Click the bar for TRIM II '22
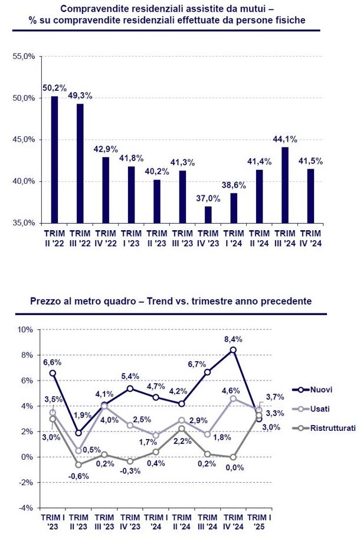click(x=54, y=159)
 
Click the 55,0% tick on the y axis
click(x=24, y=56)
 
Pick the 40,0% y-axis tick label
click(x=24, y=181)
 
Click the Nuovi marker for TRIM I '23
click(x=53, y=373)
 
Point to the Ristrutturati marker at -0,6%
click(x=78, y=465)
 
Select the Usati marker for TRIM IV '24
click(x=233, y=398)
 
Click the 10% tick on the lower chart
click(x=25, y=329)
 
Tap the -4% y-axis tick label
click(x=25, y=508)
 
